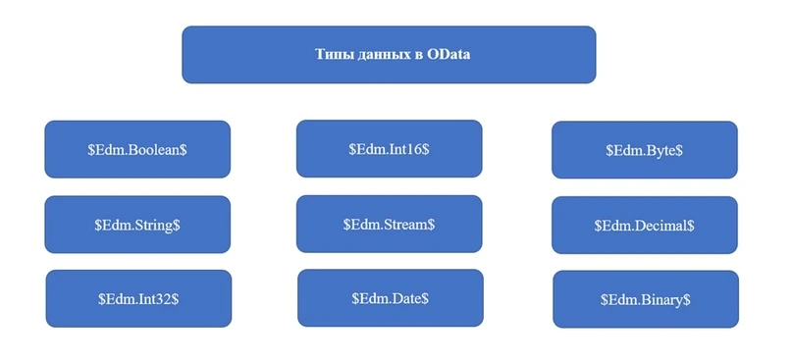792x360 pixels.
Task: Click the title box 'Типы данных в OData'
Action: point(389,55)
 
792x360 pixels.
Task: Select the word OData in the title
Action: point(449,54)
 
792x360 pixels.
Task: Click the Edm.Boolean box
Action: point(137,149)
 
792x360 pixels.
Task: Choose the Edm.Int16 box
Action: point(389,148)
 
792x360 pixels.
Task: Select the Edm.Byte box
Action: point(645,150)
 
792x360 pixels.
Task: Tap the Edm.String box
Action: point(137,225)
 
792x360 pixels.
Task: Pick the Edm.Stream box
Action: point(389,224)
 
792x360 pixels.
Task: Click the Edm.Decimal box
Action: point(645,226)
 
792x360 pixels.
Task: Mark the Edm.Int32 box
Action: point(138,298)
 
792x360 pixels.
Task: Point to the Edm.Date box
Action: point(391,298)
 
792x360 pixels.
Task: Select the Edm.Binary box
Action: point(646,299)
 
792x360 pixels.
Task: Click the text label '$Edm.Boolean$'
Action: point(137,150)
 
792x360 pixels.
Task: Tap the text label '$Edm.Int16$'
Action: point(389,149)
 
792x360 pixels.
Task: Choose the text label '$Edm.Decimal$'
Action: point(645,226)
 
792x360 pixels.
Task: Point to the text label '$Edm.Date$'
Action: point(391,298)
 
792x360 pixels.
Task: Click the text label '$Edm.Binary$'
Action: point(646,300)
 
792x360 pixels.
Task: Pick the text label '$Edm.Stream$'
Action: point(389,225)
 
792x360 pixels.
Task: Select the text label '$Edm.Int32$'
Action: point(138,299)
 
